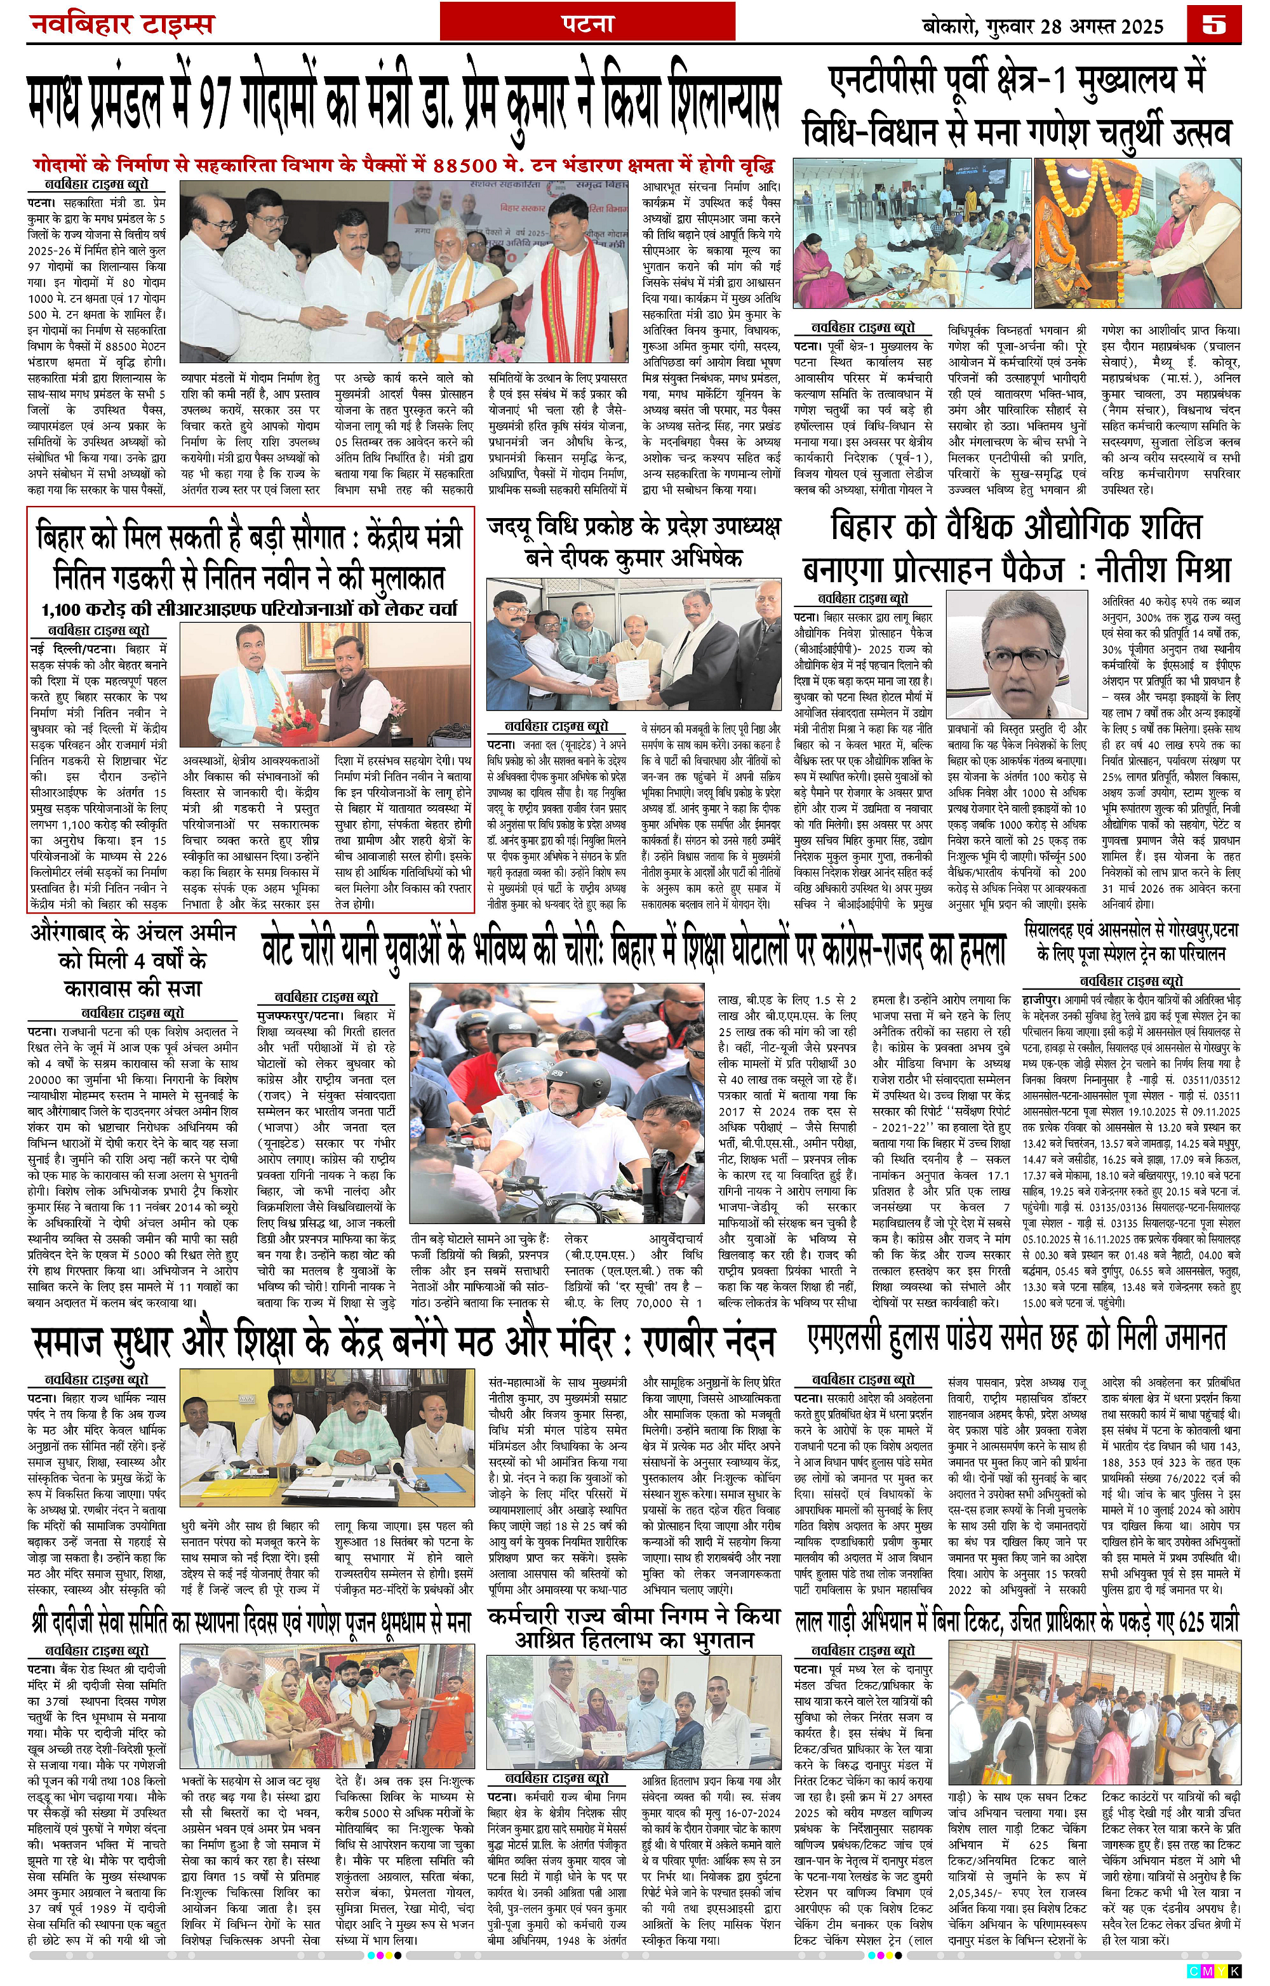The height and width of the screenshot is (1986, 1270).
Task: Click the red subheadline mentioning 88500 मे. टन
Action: click(403, 163)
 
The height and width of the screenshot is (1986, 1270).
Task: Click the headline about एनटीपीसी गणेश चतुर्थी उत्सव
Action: click(1017, 107)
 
